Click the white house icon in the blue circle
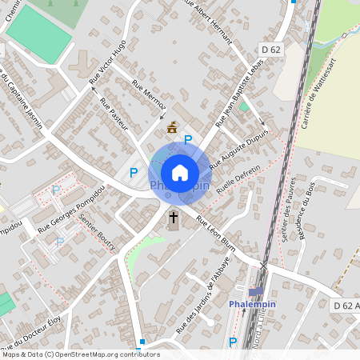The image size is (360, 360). pos(180,172)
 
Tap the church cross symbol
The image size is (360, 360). pos(174,217)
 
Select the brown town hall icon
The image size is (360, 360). pos(171,126)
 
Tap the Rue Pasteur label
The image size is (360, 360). pos(115,113)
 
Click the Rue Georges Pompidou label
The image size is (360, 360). pos(71,210)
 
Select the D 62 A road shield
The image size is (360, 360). pos(345,305)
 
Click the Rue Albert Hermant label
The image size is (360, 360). pos(208,22)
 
